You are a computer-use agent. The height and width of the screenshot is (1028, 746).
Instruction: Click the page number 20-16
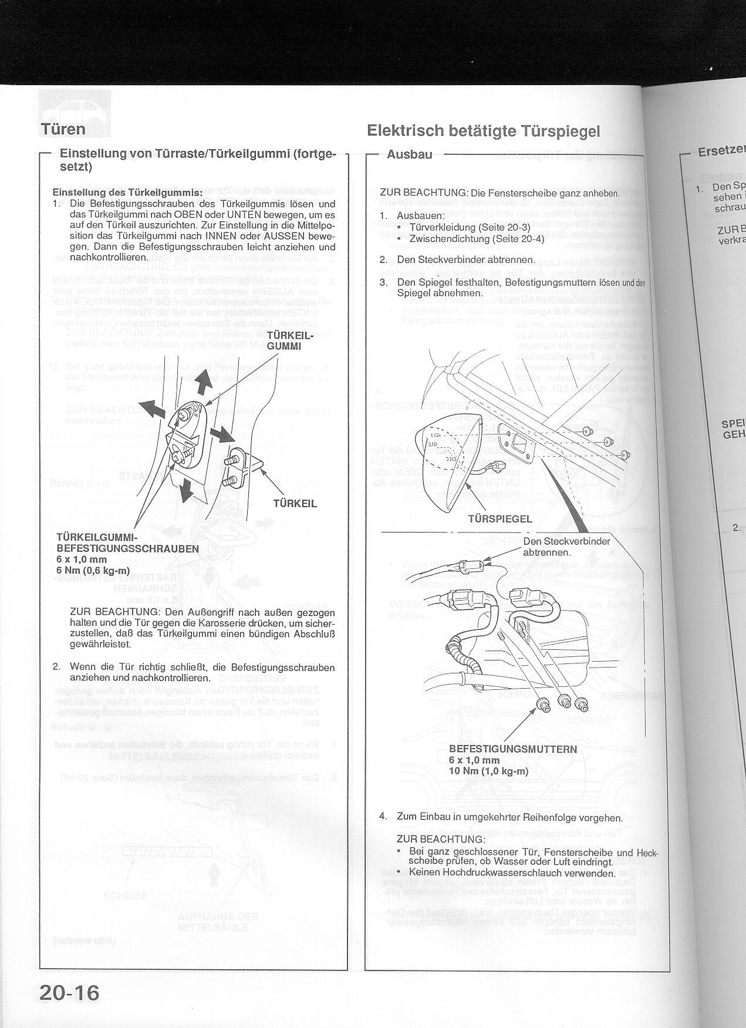(x=70, y=993)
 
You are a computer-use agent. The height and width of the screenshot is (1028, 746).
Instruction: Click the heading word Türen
(x=63, y=129)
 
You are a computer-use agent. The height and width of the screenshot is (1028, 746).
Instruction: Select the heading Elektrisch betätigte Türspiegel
(x=483, y=130)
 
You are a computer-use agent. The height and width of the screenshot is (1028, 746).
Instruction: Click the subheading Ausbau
(x=410, y=154)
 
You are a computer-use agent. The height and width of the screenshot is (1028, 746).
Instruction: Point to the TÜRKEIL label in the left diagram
(x=295, y=503)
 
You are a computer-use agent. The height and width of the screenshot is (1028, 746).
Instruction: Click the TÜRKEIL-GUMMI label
(x=284, y=341)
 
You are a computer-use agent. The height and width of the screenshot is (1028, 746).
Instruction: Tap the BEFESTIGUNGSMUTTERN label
(x=513, y=749)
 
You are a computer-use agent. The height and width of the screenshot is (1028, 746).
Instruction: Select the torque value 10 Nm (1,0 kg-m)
(x=489, y=771)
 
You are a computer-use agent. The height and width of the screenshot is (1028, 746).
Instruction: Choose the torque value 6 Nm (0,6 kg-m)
(x=93, y=570)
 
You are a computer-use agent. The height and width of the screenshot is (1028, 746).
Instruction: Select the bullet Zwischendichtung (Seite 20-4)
(x=477, y=238)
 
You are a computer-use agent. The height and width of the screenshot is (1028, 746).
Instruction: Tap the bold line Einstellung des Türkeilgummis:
(x=127, y=193)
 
